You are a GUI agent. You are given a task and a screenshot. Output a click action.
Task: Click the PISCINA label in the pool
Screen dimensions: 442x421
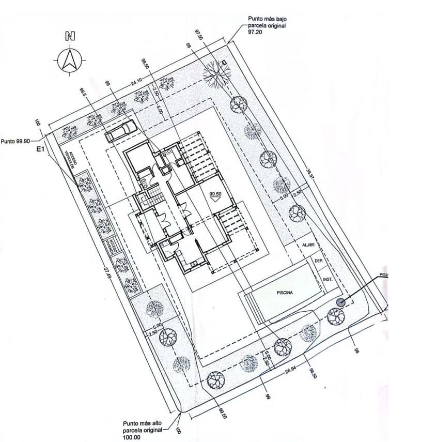tap(284, 293)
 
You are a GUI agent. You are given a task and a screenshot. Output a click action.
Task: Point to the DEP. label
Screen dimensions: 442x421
tap(319, 262)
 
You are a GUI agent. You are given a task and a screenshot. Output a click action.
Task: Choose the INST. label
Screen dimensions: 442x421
tap(327, 279)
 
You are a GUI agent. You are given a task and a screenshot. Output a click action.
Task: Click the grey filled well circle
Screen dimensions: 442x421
tap(340, 302)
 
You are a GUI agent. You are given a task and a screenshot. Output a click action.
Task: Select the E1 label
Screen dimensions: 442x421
tap(42, 150)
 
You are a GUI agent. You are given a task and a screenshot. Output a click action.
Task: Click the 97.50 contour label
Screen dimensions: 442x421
tap(198, 38)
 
